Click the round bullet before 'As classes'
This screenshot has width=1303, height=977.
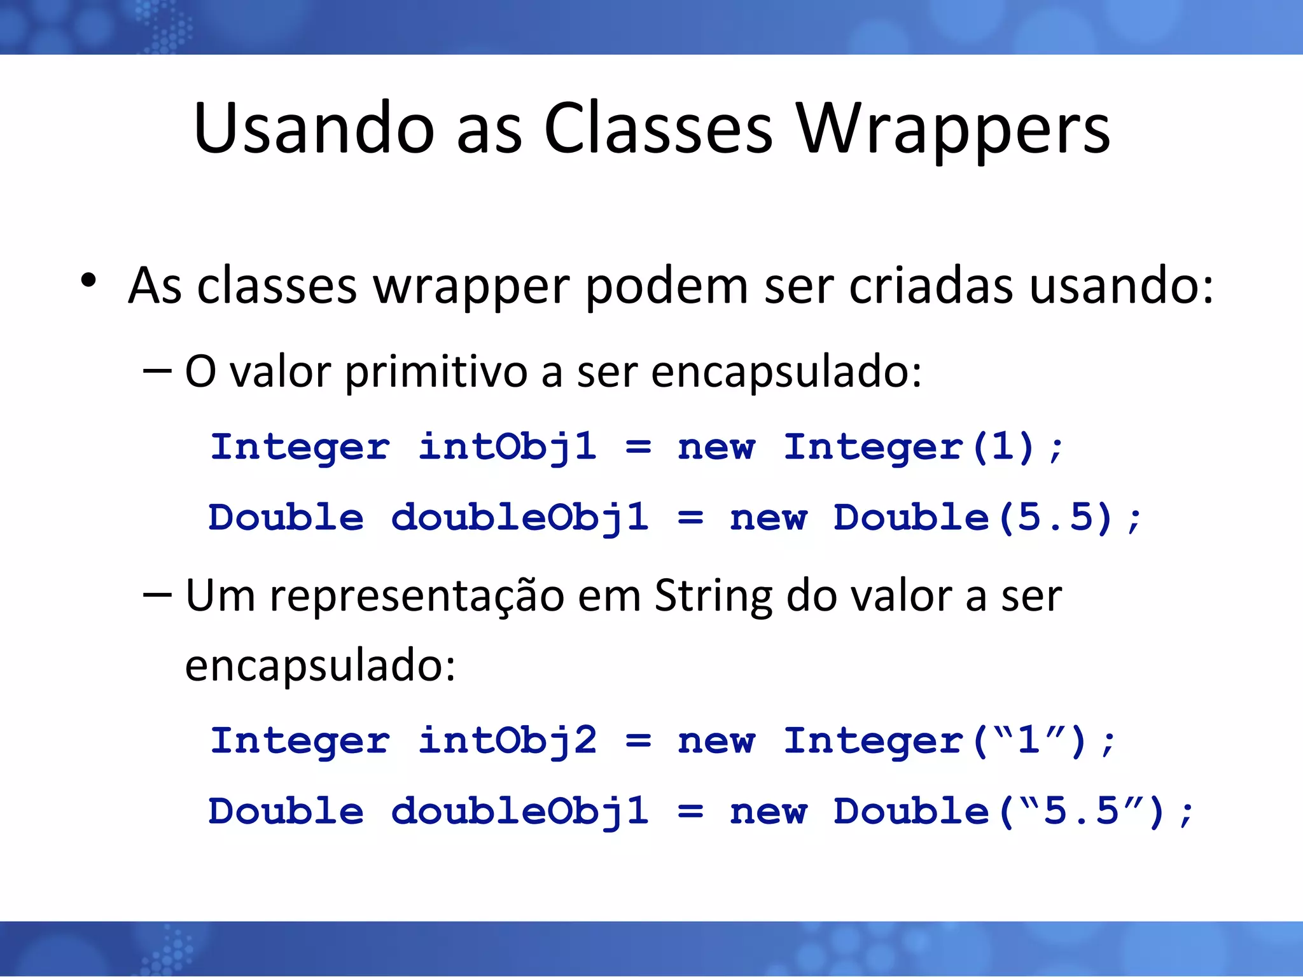[x=88, y=281]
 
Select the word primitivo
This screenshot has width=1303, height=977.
[x=436, y=372]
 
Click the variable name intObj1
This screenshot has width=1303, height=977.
[x=507, y=447]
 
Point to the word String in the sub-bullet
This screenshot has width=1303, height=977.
[x=713, y=597]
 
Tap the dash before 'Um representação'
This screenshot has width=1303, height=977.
[x=157, y=595]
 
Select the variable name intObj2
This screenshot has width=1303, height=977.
[x=507, y=742]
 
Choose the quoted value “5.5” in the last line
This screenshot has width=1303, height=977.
[x=1081, y=811]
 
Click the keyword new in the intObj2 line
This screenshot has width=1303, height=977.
[x=716, y=742]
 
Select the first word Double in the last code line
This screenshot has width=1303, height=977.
[x=286, y=812]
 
